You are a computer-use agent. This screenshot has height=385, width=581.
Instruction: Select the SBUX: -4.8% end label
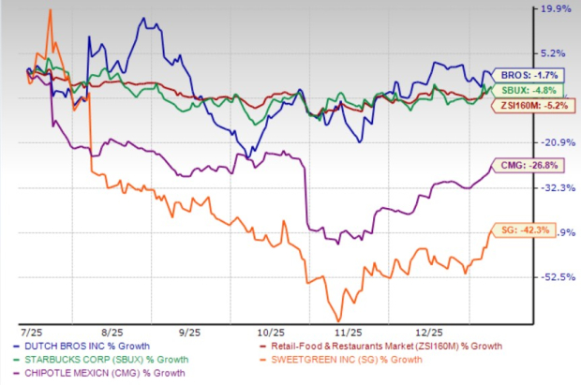515,90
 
